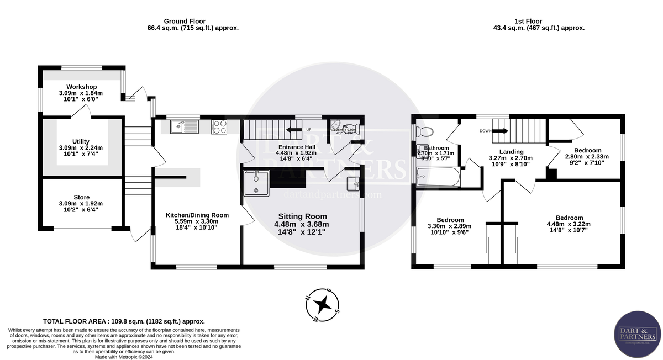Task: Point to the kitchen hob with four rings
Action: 219,127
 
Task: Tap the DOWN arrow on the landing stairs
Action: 498,131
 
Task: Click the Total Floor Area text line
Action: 124,321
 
